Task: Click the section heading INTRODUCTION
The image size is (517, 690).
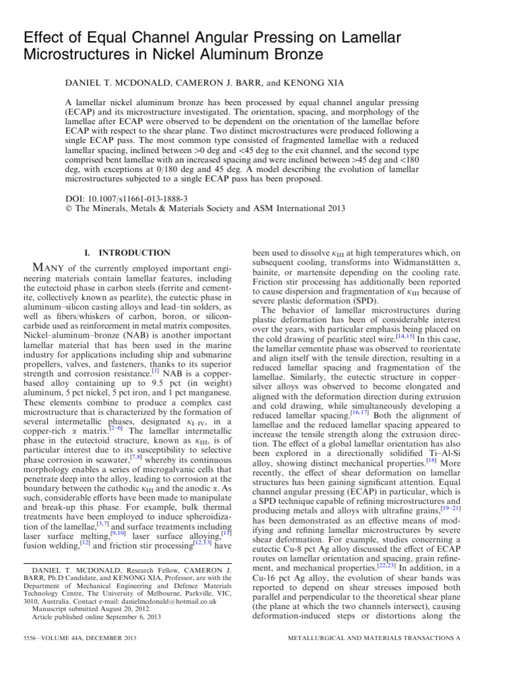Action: (135, 252)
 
